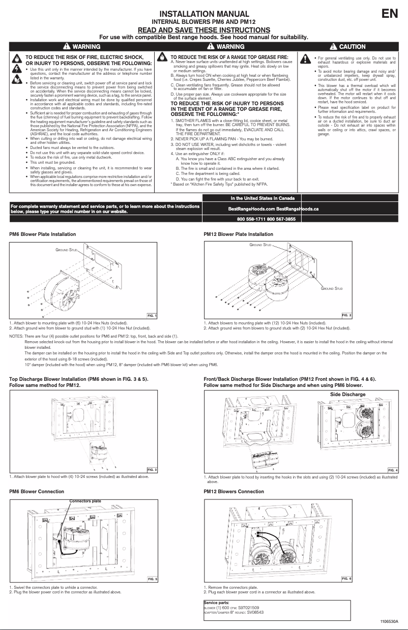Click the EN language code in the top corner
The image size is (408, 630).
[390, 14]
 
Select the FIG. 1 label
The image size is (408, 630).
[152, 316]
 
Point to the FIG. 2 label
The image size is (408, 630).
[346, 316]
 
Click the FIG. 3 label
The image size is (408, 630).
[152, 469]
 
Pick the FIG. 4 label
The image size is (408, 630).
[393, 470]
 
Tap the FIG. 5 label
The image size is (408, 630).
[152, 579]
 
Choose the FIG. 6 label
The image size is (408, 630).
[346, 579]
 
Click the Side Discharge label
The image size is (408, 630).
[347, 394]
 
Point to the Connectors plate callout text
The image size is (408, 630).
[85, 501]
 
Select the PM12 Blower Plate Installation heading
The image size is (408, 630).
[238, 234]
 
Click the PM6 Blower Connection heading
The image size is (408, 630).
[37, 492]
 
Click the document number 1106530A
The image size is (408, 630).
[389, 622]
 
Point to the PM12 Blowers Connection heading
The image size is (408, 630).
[234, 492]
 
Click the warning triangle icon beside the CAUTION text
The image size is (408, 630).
[334, 47]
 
